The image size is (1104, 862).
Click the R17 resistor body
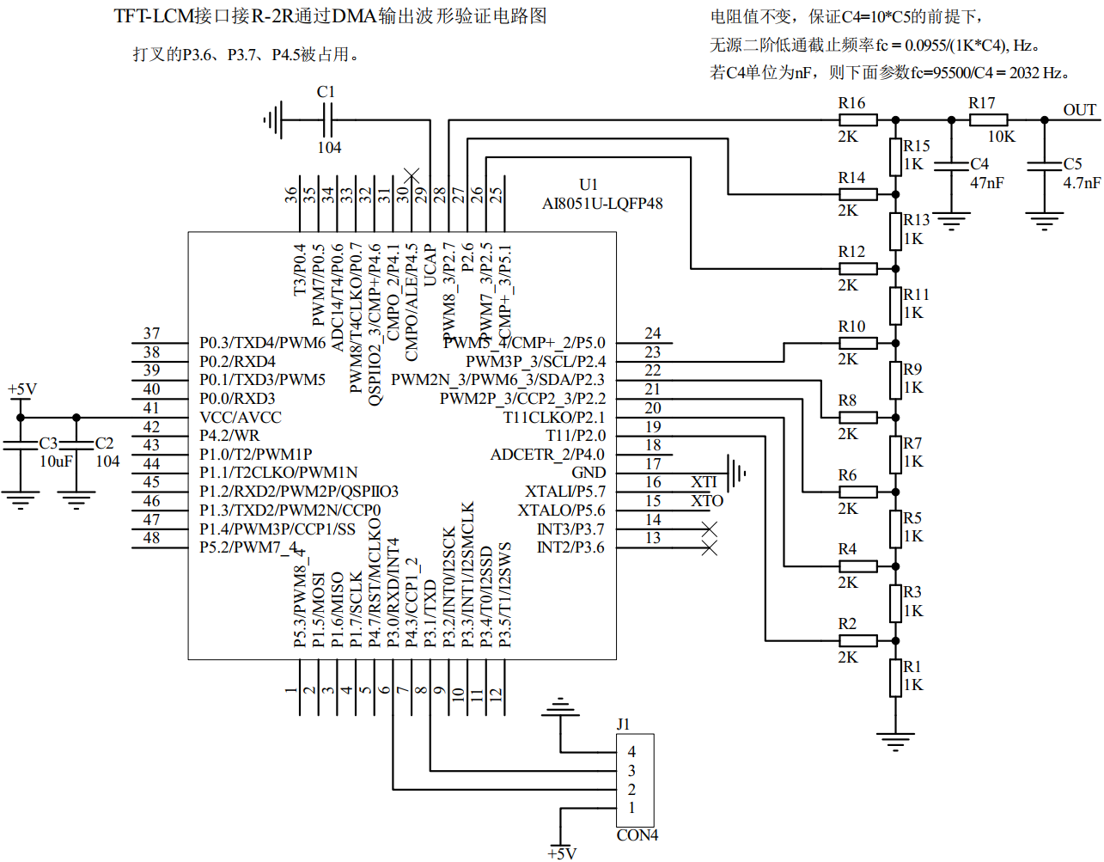988,120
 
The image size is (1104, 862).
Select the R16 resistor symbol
857,120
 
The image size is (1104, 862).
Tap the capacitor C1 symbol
326,120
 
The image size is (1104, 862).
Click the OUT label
1079,110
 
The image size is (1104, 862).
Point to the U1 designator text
589,185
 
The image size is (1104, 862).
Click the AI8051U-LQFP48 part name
602,204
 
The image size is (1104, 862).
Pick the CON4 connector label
637,835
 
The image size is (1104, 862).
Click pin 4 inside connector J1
631,752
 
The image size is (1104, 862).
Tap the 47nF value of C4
987,183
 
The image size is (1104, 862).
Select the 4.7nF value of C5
1082,183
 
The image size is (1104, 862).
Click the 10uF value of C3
56,462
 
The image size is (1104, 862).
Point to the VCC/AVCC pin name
241,418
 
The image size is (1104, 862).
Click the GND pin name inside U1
589,473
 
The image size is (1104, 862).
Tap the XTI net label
704,482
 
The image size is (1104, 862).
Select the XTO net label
707,501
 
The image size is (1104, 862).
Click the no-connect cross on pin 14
710,529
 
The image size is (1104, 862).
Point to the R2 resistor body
857,640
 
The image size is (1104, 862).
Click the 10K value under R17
1001,137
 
